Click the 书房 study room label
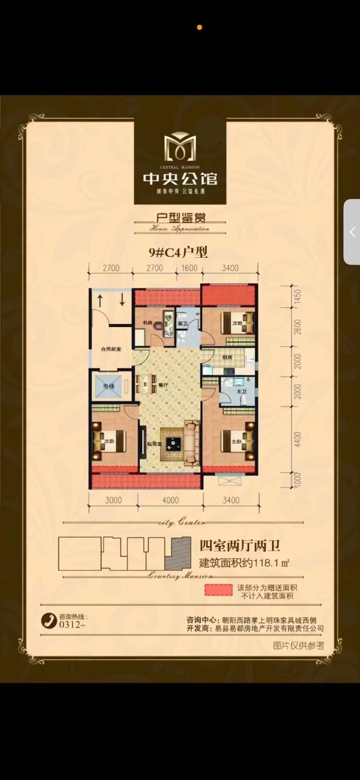[x=147, y=323]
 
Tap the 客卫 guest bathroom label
[x=182, y=324]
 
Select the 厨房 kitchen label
[x=227, y=358]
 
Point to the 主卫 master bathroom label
[x=242, y=392]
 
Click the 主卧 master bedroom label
[x=237, y=442]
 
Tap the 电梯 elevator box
[x=108, y=386]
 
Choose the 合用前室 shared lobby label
[x=110, y=349]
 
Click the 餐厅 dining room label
[x=163, y=386]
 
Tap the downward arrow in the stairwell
[x=122, y=299]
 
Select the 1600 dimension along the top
[x=189, y=268]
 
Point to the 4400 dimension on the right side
[x=297, y=439]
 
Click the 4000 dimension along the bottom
[x=171, y=500]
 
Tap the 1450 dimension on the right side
[x=297, y=297]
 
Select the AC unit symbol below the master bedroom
[x=229, y=480]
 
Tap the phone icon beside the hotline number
[x=48, y=621]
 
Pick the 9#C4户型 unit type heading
[x=178, y=252]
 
